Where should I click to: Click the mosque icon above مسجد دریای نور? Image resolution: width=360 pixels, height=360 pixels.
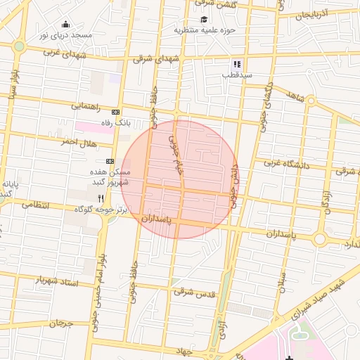tap(65, 24)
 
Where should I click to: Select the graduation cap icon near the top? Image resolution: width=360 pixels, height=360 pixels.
tap(205, 19)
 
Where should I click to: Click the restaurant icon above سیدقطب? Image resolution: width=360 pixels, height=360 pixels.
tap(237, 63)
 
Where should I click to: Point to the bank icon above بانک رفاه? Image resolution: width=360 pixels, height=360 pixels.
tap(116, 112)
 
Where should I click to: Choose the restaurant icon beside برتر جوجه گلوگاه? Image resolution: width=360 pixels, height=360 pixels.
tap(101, 199)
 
